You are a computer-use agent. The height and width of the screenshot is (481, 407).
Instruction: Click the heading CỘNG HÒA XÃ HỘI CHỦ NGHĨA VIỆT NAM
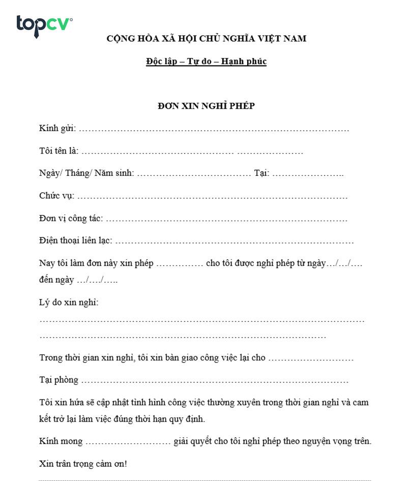[206, 38]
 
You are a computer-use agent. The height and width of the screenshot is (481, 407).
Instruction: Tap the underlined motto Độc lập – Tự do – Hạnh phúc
[206, 62]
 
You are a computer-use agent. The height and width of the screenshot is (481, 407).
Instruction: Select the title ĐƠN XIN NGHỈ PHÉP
[206, 106]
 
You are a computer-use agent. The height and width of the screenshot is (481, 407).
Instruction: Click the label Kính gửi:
[57, 129]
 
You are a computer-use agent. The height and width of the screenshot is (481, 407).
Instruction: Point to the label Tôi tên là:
[59, 152]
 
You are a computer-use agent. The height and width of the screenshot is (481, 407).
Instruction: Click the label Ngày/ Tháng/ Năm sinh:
[86, 173]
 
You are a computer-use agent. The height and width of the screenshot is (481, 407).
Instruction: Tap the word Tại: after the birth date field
[261, 173]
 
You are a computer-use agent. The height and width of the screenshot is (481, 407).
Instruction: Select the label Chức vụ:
[56, 196]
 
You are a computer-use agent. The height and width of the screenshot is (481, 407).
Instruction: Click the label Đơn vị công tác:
[71, 219]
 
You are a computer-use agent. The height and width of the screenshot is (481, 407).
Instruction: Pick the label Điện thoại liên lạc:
[76, 241]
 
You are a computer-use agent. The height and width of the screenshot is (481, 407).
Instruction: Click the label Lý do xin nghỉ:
[69, 303]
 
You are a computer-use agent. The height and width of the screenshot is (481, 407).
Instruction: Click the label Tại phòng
[59, 380]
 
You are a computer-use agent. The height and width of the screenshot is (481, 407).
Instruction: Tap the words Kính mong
[61, 441]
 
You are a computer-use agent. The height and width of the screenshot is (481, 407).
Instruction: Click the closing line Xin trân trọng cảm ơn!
[83, 464]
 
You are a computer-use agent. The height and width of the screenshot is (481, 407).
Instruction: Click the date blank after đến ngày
[97, 281]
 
